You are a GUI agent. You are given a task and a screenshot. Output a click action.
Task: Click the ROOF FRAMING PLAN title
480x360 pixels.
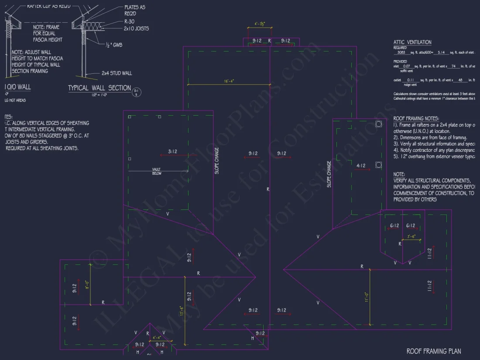tap(433, 351)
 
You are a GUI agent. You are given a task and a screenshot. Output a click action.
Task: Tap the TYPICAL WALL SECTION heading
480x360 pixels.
tap(99, 88)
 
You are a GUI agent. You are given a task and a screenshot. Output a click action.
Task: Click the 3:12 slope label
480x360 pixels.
tap(173, 152)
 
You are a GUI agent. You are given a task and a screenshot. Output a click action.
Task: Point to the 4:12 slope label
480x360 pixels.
tap(360, 166)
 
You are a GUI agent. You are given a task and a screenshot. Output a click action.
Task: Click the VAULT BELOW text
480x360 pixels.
tap(157, 171)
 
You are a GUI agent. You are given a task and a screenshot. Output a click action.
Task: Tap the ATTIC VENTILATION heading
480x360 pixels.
tap(412, 42)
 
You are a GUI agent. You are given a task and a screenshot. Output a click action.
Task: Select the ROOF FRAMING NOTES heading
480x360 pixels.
tap(416, 118)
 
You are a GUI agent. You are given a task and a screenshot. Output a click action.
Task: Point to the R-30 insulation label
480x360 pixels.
tap(130, 21)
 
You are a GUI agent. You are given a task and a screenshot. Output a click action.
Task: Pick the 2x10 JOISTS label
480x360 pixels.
tap(137, 28)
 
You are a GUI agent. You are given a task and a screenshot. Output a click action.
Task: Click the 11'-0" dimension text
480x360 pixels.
tap(367, 297)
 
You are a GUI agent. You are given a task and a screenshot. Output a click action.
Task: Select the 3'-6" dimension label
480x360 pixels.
tap(411, 237)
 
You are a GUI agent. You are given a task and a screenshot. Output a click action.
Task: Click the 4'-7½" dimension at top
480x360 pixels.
tap(260, 24)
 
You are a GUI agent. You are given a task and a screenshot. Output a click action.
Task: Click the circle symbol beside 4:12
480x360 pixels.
tap(378, 165)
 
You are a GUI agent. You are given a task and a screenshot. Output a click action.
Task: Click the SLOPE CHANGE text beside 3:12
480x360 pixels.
tap(217, 161)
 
